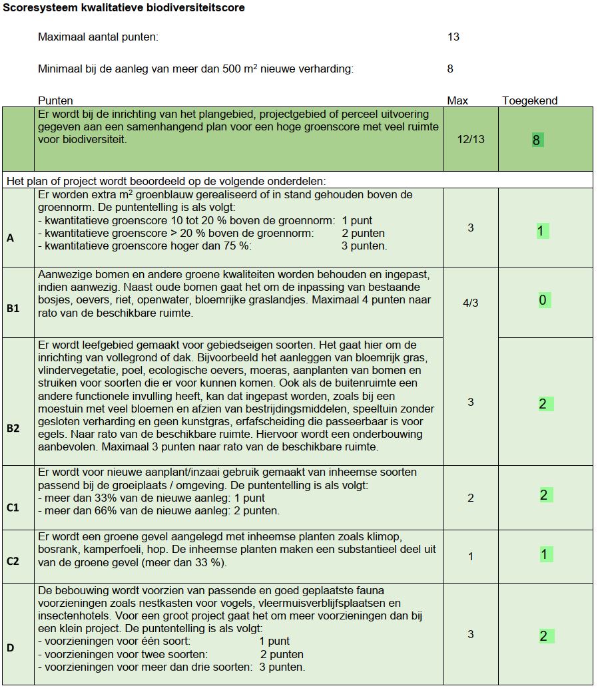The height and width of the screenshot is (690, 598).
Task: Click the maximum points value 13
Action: coord(453,37)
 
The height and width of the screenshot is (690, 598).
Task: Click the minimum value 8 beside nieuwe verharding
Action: coord(451,69)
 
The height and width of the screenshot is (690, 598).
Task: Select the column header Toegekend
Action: coord(529,100)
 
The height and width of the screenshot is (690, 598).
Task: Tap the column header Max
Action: coord(457,100)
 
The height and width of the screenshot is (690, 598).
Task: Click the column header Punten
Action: coord(55,100)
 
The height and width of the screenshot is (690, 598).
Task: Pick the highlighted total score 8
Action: coord(536,140)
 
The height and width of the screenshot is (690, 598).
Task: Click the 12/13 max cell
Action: coord(470,139)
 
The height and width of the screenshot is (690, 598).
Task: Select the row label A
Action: coord(10,238)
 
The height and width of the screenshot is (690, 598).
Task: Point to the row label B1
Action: coord(13,309)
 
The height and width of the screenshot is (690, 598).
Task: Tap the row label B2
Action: coord(13,428)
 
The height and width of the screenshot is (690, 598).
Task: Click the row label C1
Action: coord(13,508)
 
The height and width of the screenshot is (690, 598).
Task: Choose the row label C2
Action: coord(13,561)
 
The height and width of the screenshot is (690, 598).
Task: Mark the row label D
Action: coord(10,647)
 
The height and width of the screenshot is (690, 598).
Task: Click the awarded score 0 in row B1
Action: coord(542,301)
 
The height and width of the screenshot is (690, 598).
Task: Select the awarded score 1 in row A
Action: coord(541,232)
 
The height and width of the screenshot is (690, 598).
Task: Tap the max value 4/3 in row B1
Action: coord(470,303)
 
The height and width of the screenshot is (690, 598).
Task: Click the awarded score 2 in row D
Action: coord(543,636)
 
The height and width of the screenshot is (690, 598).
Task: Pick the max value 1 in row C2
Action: coord(470,556)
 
